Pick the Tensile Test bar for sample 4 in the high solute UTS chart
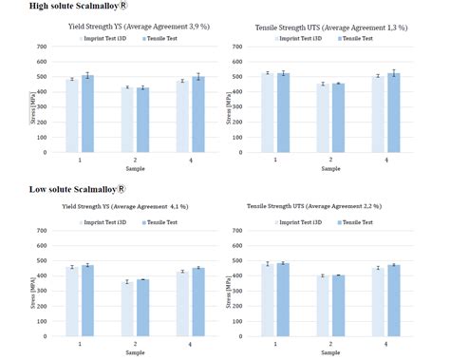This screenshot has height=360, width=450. (392, 113)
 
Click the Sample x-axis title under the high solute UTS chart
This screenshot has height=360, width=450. (329, 169)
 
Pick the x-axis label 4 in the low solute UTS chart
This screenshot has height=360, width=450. (385, 342)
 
